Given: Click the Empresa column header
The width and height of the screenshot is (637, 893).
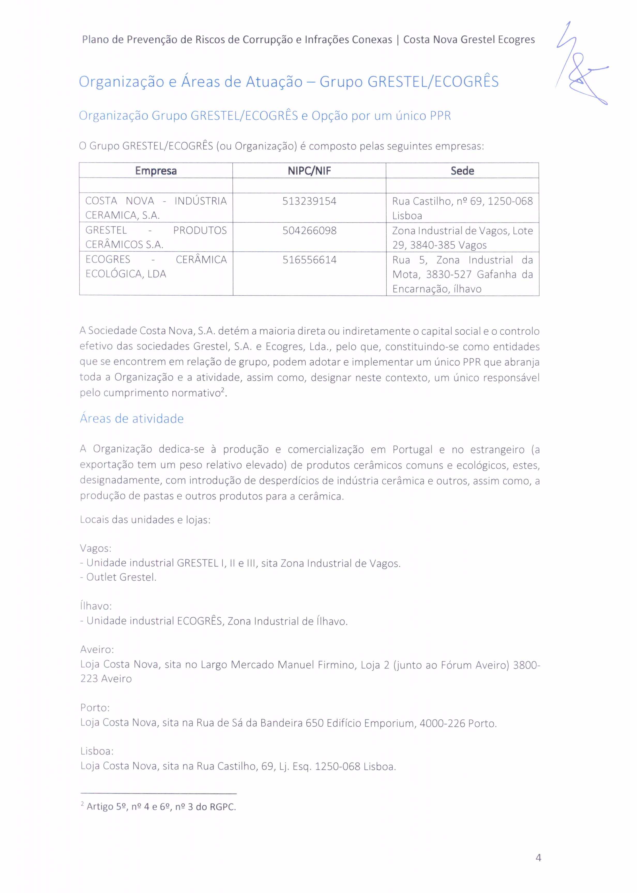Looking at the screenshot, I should click(156, 171).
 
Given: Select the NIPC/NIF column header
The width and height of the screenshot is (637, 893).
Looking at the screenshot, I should click(309, 171).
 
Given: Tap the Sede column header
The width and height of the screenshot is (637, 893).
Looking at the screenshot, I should click(462, 171).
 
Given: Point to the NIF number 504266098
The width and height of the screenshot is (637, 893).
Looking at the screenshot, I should click(309, 230).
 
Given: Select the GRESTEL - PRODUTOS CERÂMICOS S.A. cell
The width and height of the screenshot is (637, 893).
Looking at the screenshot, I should click(156, 237).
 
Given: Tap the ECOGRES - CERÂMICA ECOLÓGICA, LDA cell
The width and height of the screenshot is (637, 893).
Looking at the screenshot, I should click(156, 267).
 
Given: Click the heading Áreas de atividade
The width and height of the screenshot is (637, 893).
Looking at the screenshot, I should click(132, 419).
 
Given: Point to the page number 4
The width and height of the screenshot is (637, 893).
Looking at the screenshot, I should click(538, 858).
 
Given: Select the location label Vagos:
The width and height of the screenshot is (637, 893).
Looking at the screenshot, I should click(96, 548).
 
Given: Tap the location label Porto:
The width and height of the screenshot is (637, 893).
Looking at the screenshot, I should click(95, 707).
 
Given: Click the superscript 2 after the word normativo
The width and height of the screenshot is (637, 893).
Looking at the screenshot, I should click(222, 390).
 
